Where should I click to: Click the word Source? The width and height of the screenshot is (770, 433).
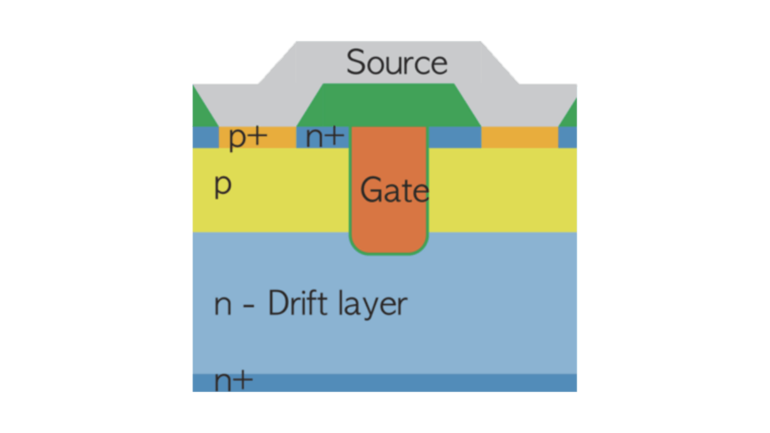[397, 63]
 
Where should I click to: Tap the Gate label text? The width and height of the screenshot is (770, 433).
[395, 190]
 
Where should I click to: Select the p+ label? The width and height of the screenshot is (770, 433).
[248, 137]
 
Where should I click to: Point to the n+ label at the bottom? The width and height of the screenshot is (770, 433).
[233, 381]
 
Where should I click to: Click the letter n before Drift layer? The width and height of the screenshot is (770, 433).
[223, 306]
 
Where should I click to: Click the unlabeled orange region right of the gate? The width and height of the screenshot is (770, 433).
[519, 138]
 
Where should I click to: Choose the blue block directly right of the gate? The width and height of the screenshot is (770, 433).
[455, 138]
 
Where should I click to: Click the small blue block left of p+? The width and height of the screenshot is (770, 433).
[205, 138]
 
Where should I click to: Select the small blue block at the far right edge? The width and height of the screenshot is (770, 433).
[567, 138]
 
